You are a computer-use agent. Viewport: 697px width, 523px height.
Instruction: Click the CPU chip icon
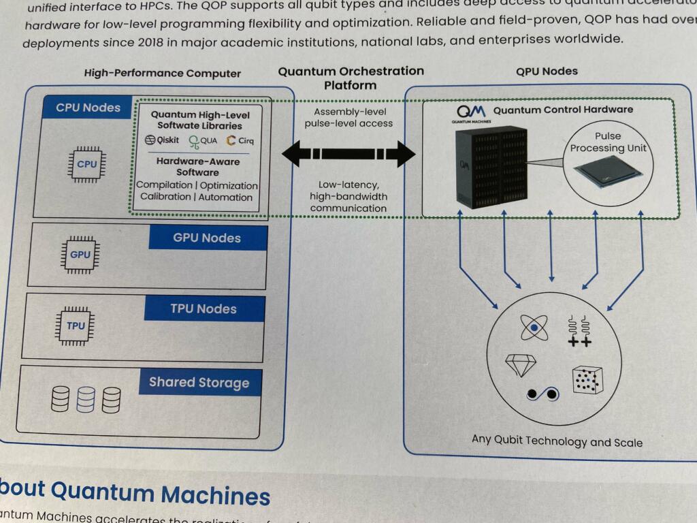pyautogui.click(x=86, y=164)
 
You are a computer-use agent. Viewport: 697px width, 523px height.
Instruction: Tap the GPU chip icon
pyautogui.click(x=80, y=255)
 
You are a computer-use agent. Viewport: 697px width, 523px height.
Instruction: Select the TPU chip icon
pyautogui.click(x=76, y=326)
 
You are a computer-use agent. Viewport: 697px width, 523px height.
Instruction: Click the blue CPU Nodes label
pyautogui.click(x=88, y=108)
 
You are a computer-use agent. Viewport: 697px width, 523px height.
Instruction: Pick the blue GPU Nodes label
pyautogui.click(x=207, y=238)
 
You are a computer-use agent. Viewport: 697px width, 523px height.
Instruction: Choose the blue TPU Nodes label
pyautogui.click(x=204, y=309)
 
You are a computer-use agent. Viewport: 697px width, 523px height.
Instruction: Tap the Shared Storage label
pyautogui.click(x=199, y=383)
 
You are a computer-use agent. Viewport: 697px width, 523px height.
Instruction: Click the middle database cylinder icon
pyautogui.click(x=86, y=399)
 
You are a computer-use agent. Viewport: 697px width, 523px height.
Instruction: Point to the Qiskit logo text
pyautogui.click(x=161, y=141)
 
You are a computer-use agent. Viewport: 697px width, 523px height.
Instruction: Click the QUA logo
pyautogui.click(x=203, y=142)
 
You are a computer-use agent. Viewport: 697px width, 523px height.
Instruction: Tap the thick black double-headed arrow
pyautogui.click(x=348, y=154)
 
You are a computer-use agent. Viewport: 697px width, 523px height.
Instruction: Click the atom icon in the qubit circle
pyautogui.click(x=534, y=328)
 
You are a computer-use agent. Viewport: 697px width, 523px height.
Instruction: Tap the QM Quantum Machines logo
pyautogui.click(x=471, y=111)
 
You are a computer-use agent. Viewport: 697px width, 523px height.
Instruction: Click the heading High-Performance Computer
pyautogui.click(x=163, y=74)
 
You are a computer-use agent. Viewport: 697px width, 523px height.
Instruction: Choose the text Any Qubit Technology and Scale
pyautogui.click(x=557, y=441)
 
